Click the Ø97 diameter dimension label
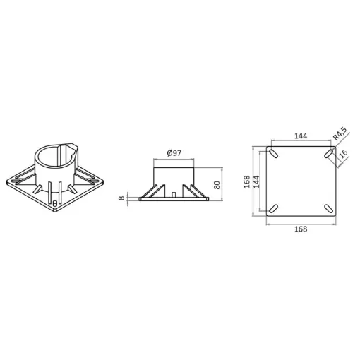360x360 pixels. point(174,153)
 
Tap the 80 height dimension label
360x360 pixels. point(217,185)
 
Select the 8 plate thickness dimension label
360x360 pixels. point(121,198)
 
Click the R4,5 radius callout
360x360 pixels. point(340,133)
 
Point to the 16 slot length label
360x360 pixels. point(344,153)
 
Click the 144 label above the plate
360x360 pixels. point(301,136)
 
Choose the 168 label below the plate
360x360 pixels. point(301,229)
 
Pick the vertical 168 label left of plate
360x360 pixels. point(246,181)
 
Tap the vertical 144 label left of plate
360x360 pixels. point(256,181)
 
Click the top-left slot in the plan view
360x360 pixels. point(274,154)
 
